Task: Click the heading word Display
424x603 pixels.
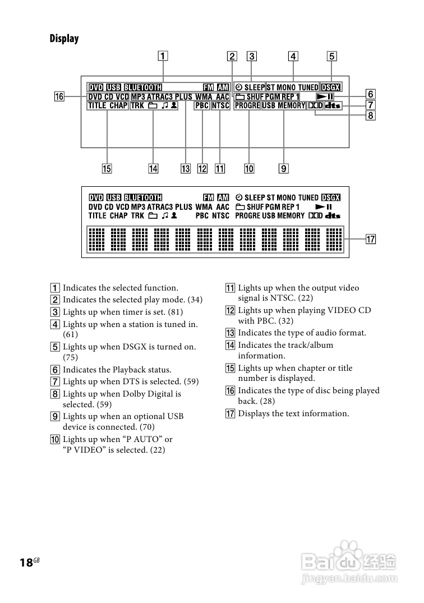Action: [64, 39]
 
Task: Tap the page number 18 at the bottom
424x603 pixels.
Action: [26, 563]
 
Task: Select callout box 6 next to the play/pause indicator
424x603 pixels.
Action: [371, 94]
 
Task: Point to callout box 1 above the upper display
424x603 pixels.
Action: [162, 56]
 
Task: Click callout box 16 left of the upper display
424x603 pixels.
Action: [59, 96]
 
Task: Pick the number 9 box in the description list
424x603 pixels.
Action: [56, 416]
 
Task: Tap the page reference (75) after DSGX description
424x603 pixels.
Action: [70, 357]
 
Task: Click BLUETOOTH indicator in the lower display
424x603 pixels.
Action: [143, 197]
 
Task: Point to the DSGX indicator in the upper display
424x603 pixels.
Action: [330, 88]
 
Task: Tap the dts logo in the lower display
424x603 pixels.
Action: [333, 215]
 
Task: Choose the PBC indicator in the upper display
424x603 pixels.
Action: [201, 105]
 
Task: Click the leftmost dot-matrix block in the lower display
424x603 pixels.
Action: [97, 239]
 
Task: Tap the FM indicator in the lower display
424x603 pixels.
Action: [209, 197]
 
